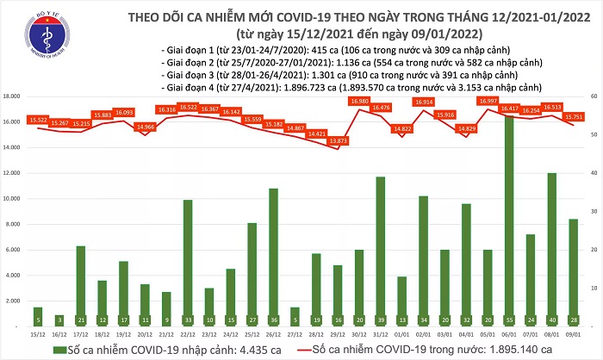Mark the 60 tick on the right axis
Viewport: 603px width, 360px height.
pyautogui.click(x=592, y=96)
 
